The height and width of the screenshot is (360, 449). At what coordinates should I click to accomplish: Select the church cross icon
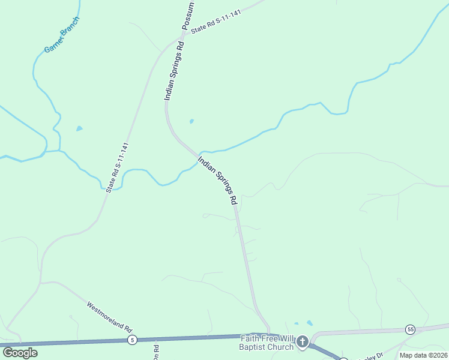point(303,342)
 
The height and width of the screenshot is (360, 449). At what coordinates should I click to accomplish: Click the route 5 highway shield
point(132,340)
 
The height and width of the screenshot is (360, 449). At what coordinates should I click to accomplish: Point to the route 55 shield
point(410,329)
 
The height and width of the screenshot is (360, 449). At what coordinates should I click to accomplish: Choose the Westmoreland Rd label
point(109,316)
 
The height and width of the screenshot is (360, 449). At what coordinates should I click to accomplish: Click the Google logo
point(20,352)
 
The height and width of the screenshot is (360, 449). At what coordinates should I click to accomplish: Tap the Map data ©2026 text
point(424,355)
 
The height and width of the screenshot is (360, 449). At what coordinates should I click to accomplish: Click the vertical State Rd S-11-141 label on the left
point(117,167)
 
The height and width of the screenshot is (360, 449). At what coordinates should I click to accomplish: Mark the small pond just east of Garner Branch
point(79,128)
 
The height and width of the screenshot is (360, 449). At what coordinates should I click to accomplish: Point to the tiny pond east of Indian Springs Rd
point(191,121)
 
